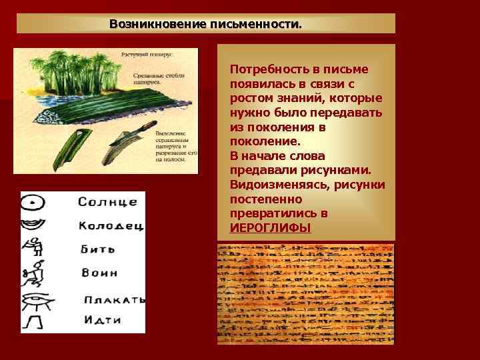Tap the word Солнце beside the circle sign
coord(108,201)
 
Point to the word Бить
coord(97,249)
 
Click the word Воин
coord(99,273)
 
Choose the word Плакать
coord(115,299)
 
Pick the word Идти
coord(103,320)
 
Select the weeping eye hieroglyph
coord(38,300)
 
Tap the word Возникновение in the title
coord(157,24)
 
